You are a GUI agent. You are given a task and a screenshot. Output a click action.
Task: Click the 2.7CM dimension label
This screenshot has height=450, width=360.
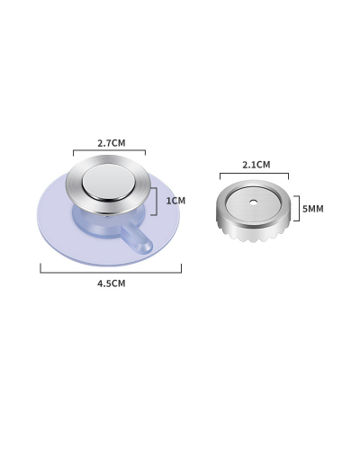(112, 143)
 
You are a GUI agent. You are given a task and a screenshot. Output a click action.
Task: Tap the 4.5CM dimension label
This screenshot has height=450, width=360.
(112, 283)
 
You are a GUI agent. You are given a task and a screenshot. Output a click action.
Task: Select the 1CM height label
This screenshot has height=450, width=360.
(175, 201)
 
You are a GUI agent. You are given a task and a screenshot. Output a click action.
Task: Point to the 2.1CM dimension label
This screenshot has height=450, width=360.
(256, 165)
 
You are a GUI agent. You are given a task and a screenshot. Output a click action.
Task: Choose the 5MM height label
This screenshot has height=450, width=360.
(313, 209)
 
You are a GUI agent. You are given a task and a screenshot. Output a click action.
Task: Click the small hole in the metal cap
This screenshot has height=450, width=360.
(254, 202)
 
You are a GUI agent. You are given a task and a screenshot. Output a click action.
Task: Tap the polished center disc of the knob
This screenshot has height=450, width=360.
(108, 182)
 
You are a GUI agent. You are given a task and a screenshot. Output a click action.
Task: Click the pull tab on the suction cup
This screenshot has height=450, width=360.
(137, 239)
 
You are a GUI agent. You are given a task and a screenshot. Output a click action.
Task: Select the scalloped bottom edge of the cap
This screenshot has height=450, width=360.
(254, 235)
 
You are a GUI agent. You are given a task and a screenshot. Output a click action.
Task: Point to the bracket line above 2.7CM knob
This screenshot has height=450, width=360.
(110, 150)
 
